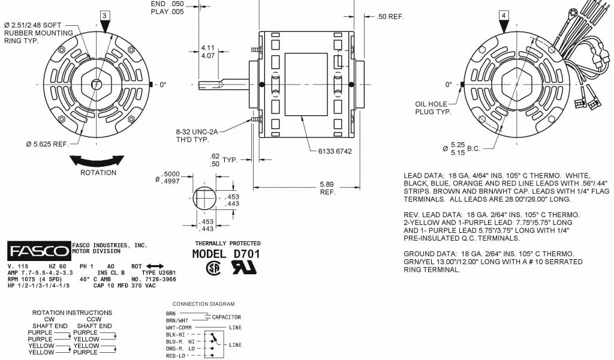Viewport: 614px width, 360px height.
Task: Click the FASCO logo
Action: point(39,251)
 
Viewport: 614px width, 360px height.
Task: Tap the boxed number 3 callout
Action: point(104,16)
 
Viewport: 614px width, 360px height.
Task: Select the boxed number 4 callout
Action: point(504,16)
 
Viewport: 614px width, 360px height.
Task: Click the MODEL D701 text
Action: point(226,254)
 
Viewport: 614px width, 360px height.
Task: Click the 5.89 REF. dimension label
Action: point(327,188)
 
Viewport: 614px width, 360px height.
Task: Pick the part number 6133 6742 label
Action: point(335,151)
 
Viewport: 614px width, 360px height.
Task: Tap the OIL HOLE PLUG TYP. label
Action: point(431,108)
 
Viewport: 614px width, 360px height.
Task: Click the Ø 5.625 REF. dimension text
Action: point(47,144)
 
